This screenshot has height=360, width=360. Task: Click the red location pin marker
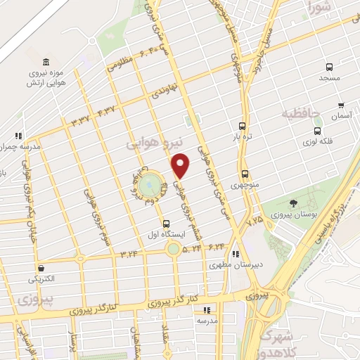[181, 165]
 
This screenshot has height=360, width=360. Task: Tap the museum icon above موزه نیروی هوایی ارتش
[46, 62]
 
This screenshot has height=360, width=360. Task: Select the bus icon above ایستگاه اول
[165, 224]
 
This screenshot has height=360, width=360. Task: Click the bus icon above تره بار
[243, 120]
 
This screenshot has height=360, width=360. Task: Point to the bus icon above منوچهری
[245, 174]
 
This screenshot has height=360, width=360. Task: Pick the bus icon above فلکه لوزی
[318, 130]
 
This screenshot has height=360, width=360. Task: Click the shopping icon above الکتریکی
[42, 268]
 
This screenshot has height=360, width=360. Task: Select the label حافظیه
[300, 112]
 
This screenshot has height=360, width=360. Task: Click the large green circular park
[148, 185]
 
